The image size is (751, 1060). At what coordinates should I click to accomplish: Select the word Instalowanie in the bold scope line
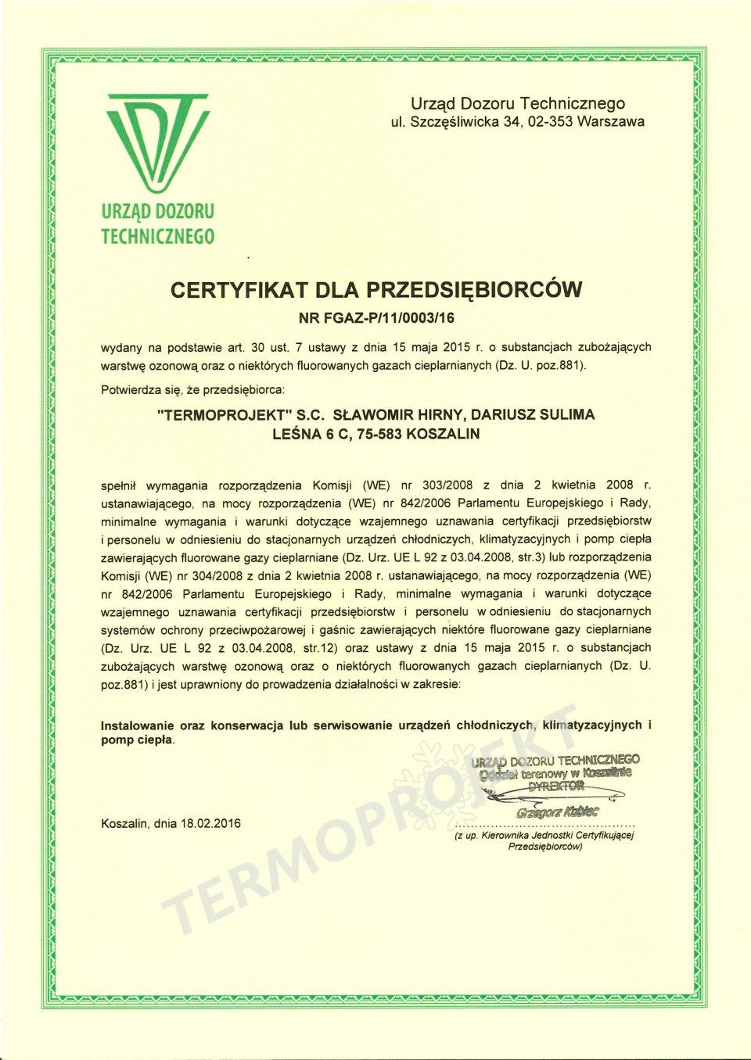point(138,725)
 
